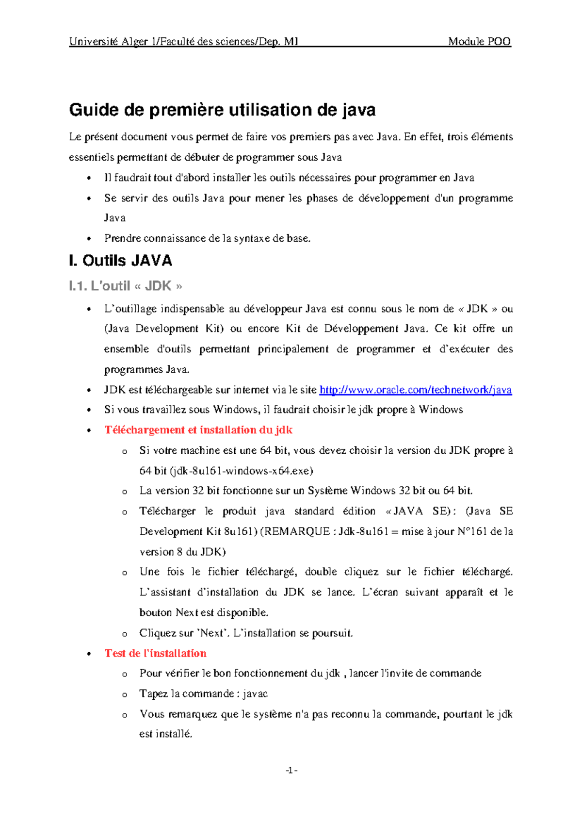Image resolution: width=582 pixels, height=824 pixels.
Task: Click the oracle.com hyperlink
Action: (416, 390)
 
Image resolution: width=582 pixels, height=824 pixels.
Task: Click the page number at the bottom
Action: (291, 770)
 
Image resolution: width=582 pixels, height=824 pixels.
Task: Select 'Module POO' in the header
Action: (479, 42)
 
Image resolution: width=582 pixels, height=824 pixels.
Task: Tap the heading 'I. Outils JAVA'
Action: (121, 261)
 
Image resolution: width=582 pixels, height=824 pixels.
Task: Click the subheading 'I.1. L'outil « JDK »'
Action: (126, 286)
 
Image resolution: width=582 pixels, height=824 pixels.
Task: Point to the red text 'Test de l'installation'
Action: (155, 653)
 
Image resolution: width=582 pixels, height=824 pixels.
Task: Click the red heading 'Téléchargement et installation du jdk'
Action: (198, 430)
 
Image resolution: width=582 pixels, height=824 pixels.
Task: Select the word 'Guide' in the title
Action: (94, 110)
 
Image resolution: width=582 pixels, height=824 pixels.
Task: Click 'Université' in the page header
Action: (94, 42)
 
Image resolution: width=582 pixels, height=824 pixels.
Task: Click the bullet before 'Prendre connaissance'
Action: (88, 239)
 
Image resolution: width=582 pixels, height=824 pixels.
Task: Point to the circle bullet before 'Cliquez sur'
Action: (125, 634)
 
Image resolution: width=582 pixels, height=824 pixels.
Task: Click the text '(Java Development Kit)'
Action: (164, 329)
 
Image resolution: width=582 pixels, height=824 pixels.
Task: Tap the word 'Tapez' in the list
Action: (153, 693)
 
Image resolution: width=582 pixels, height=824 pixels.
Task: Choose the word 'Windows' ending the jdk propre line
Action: (441, 410)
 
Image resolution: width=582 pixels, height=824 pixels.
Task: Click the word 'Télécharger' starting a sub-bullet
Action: (167, 511)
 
